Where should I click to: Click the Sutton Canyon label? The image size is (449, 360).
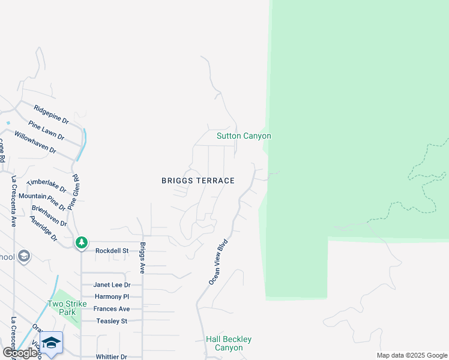coord(244,136)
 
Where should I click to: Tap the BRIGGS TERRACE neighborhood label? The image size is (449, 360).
coord(197,181)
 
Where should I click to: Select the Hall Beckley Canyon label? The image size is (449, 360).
coord(229,343)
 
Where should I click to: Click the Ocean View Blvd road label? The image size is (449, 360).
coord(219,263)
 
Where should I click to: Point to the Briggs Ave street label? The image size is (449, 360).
coord(143,258)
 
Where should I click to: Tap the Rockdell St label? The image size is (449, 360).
coord(112,250)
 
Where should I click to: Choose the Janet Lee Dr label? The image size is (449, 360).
coord(112,285)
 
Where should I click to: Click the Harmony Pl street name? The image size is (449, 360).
coord(112,297)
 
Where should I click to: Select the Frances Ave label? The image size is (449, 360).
coord(112,309)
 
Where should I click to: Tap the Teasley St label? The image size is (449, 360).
coord(112,321)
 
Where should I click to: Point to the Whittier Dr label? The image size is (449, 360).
coord(111,356)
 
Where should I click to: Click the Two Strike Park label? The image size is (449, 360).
coord(62,308)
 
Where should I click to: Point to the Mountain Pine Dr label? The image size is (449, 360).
coord(42,198)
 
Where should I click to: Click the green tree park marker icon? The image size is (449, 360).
coord(82,243)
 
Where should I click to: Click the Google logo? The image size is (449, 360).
coord(20,353)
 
